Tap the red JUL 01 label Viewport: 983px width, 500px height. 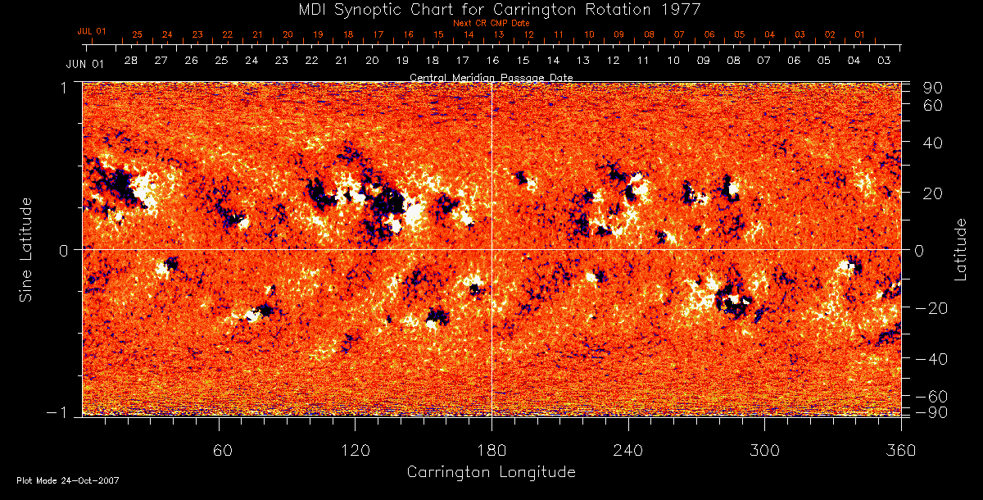[92, 31]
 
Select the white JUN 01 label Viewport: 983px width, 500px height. [85, 63]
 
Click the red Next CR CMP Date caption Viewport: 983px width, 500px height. [491, 23]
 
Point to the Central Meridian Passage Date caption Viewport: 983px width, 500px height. [491, 77]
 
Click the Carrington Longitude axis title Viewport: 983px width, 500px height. [491, 472]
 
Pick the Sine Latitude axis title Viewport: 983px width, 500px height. [27, 249]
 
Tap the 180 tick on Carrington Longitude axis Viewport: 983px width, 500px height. [491, 450]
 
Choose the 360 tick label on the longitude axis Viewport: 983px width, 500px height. [899, 450]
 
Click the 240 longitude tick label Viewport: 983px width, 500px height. [628, 450]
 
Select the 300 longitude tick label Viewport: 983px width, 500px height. [764, 450]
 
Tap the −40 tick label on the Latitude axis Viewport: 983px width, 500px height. [932, 359]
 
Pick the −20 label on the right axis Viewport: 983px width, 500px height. [932, 308]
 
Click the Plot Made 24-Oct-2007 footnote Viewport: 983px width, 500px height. [68, 480]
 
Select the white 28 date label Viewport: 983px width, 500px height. [131, 61]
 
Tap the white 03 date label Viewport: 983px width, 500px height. [884, 61]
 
